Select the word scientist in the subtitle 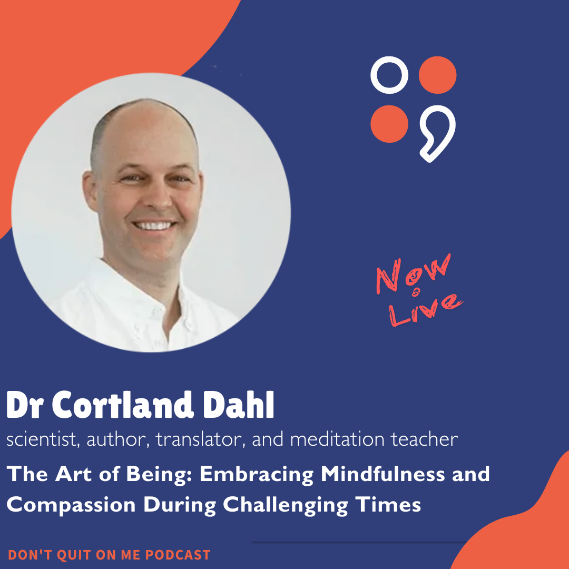tap(40, 439)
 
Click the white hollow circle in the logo tap(389, 75)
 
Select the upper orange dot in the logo tap(437, 75)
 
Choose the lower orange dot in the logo tap(389, 123)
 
